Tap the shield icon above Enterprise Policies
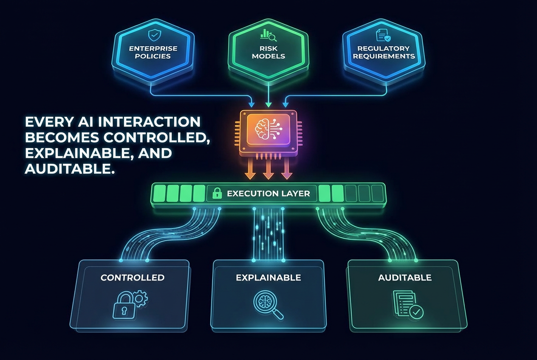(x=152, y=35)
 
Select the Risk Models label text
(x=268, y=52)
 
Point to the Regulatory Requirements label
(x=384, y=52)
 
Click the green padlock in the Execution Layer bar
(x=217, y=194)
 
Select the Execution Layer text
(x=268, y=194)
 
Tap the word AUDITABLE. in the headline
(x=70, y=169)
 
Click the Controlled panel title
(x=133, y=278)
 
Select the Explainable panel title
(x=268, y=278)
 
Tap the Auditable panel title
(x=405, y=278)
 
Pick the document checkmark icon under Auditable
(x=408, y=304)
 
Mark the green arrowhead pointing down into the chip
(x=268, y=104)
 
